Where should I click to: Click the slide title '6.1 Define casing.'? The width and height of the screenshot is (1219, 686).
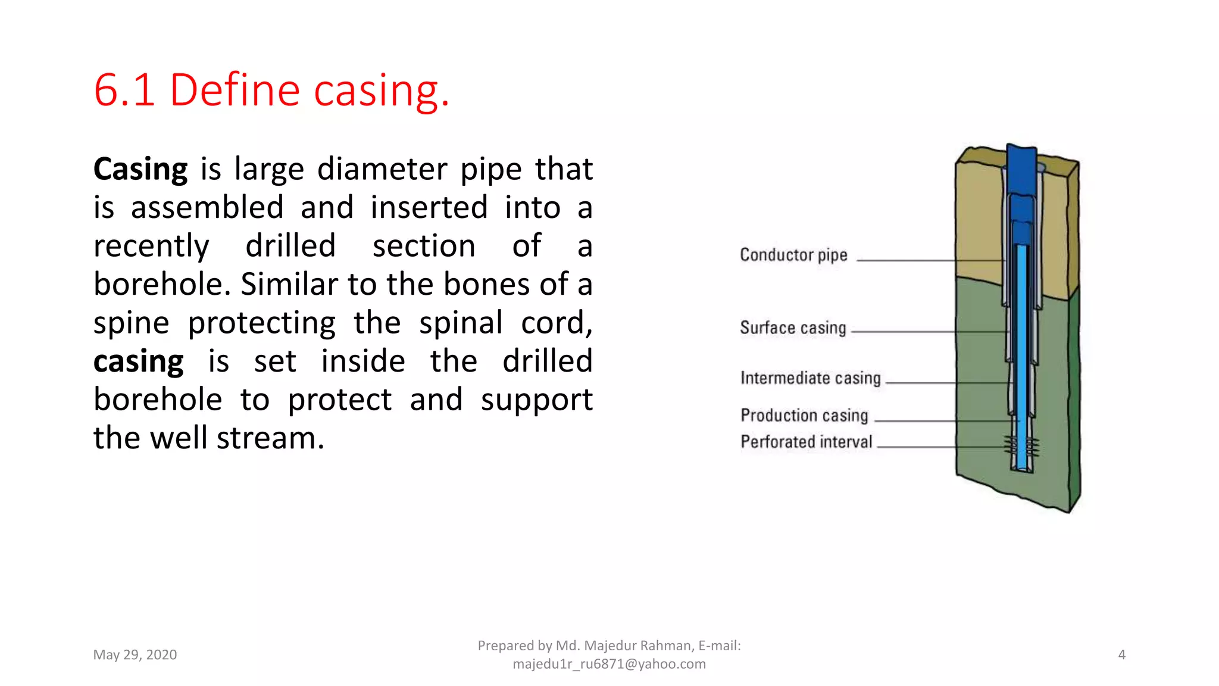(x=271, y=90)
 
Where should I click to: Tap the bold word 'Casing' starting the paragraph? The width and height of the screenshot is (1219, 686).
(x=140, y=169)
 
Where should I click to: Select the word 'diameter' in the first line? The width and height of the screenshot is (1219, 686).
(x=382, y=169)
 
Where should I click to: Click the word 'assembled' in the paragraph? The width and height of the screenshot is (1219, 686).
(x=207, y=208)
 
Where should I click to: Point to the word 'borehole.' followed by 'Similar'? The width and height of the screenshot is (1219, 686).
(x=162, y=284)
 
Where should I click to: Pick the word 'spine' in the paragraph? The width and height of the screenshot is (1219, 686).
(x=131, y=323)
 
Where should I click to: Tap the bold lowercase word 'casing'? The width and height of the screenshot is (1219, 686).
(x=139, y=361)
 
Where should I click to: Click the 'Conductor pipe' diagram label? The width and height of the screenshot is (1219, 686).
(x=793, y=255)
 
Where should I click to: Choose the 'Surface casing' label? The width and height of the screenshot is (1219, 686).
(x=793, y=328)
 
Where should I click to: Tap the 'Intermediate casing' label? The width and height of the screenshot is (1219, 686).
(x=810, y=378)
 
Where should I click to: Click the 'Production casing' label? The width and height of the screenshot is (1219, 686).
(x=804, y=415)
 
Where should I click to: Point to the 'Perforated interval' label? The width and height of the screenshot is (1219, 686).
(x=806, y=442)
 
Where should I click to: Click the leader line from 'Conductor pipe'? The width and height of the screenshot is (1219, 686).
(x=905, y=261)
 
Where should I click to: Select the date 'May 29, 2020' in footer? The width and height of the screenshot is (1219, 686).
(x=135, y=655)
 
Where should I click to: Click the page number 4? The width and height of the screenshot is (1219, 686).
(x=1121, y=655)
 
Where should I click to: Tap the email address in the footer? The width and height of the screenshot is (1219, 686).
(x=609, y=664)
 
